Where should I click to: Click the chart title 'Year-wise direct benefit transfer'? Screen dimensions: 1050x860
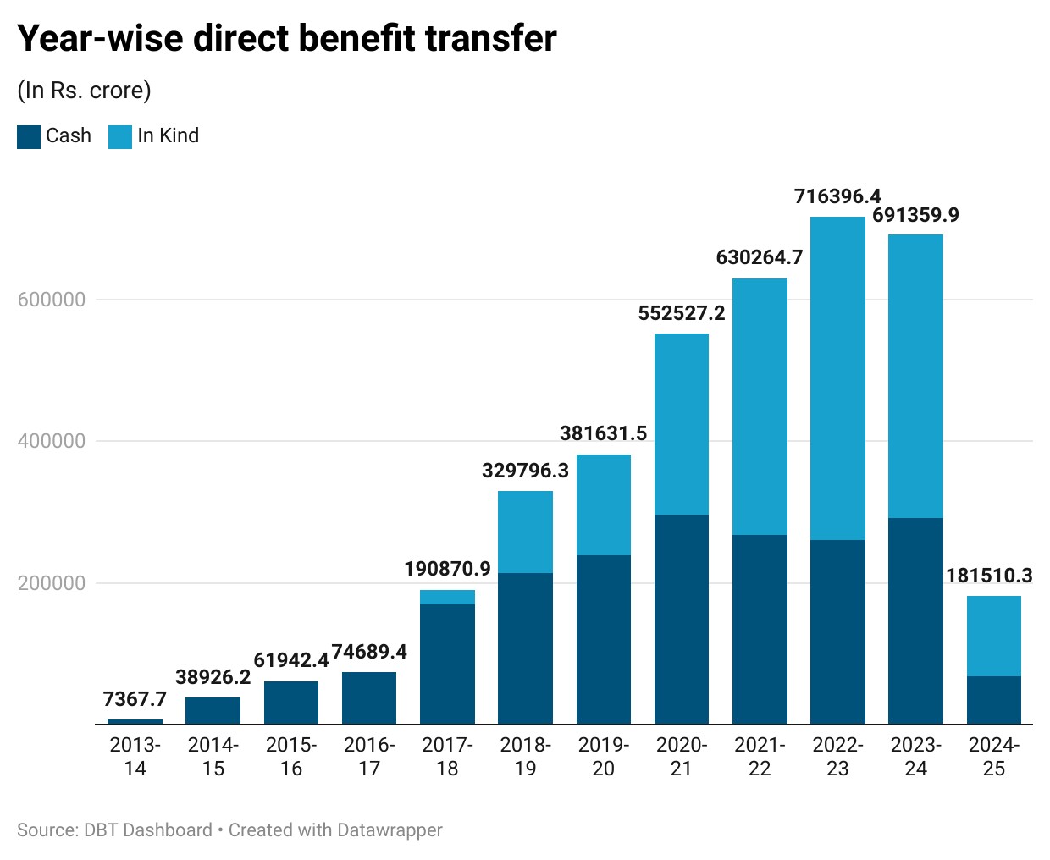(x=287, y=38)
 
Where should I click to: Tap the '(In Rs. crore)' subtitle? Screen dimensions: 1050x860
(x=84, y=91)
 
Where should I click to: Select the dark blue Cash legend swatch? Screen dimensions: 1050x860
(x=29, y=137)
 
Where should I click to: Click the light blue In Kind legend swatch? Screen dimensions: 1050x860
(x=120, y=137)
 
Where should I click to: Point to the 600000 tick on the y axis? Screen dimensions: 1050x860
(x=52, y=300)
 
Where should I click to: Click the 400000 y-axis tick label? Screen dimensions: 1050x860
(x=52, y=441)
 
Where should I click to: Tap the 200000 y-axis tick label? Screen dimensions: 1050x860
(x=52, y=583)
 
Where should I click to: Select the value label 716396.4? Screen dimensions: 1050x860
(x=837, y=196)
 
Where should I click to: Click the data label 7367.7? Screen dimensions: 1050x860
(x=135, y=699)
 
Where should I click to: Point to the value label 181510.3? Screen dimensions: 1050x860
(x=989, y=576)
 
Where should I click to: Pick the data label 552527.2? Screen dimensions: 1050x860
(x=682, y=313)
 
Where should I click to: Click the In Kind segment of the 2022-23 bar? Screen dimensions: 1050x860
(x=837, y=378)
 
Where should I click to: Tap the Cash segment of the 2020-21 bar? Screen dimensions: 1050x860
(x=681, y=619)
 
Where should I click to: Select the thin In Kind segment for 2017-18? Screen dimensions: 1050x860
(x=447, y=598)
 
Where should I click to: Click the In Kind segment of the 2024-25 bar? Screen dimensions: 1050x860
(x=994, y=636)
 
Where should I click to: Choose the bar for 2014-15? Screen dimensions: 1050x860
(x=213, y=711)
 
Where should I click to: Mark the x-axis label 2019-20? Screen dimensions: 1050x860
(x=604, y=757)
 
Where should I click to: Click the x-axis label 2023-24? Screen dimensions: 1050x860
(x=915, y=757)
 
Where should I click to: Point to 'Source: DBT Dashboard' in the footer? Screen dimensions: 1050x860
(x=114, y=830)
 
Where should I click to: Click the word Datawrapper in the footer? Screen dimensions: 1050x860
(x=390, y=830)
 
